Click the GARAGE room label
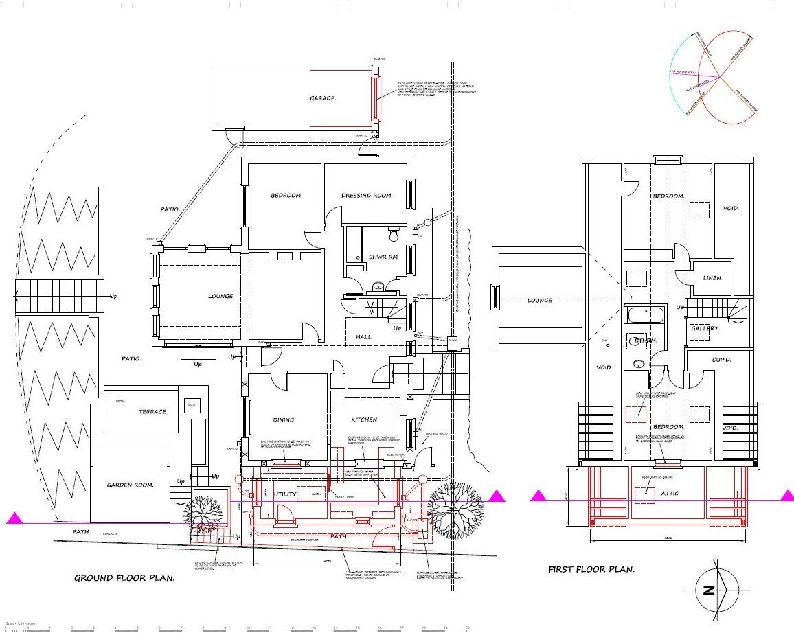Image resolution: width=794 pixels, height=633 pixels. (x=323, y=98)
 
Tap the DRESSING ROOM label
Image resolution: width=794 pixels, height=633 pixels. (x=367, y=196)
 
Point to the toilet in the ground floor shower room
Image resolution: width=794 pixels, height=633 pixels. (x=394, y=235)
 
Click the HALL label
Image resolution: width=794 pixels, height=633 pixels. (x=363, y=337)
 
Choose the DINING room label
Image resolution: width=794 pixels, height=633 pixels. (x=283, y=420)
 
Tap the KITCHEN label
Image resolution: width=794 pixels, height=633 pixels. (x=364, y=419)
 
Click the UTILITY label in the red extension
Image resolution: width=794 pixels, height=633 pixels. (x=285, y=494)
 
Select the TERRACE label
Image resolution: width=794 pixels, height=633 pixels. (x=152, y=412)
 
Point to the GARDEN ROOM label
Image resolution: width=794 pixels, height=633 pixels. (x=130, y=485)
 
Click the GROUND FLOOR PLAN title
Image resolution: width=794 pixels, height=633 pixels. (x=124, y=578)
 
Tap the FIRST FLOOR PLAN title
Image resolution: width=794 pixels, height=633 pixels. (x=591, y=569)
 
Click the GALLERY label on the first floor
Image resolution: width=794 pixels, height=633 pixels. (x=705, y=328)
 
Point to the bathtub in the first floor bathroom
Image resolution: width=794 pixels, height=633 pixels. (x=646, y=316)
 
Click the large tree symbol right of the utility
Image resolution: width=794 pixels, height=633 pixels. (x=454, y=509)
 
